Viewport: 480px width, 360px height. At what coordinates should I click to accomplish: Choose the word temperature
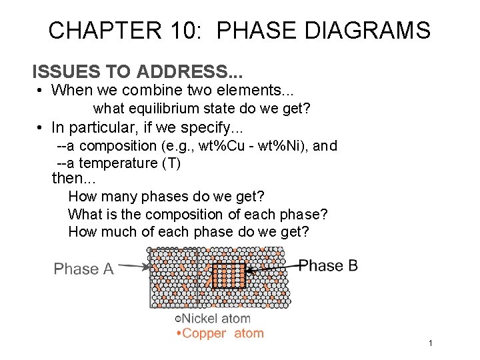[109, 163]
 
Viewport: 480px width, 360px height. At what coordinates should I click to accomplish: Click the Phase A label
[84, 269]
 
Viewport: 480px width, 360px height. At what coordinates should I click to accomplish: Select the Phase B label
[328, 265]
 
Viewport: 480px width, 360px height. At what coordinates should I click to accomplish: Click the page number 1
[431, 343]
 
